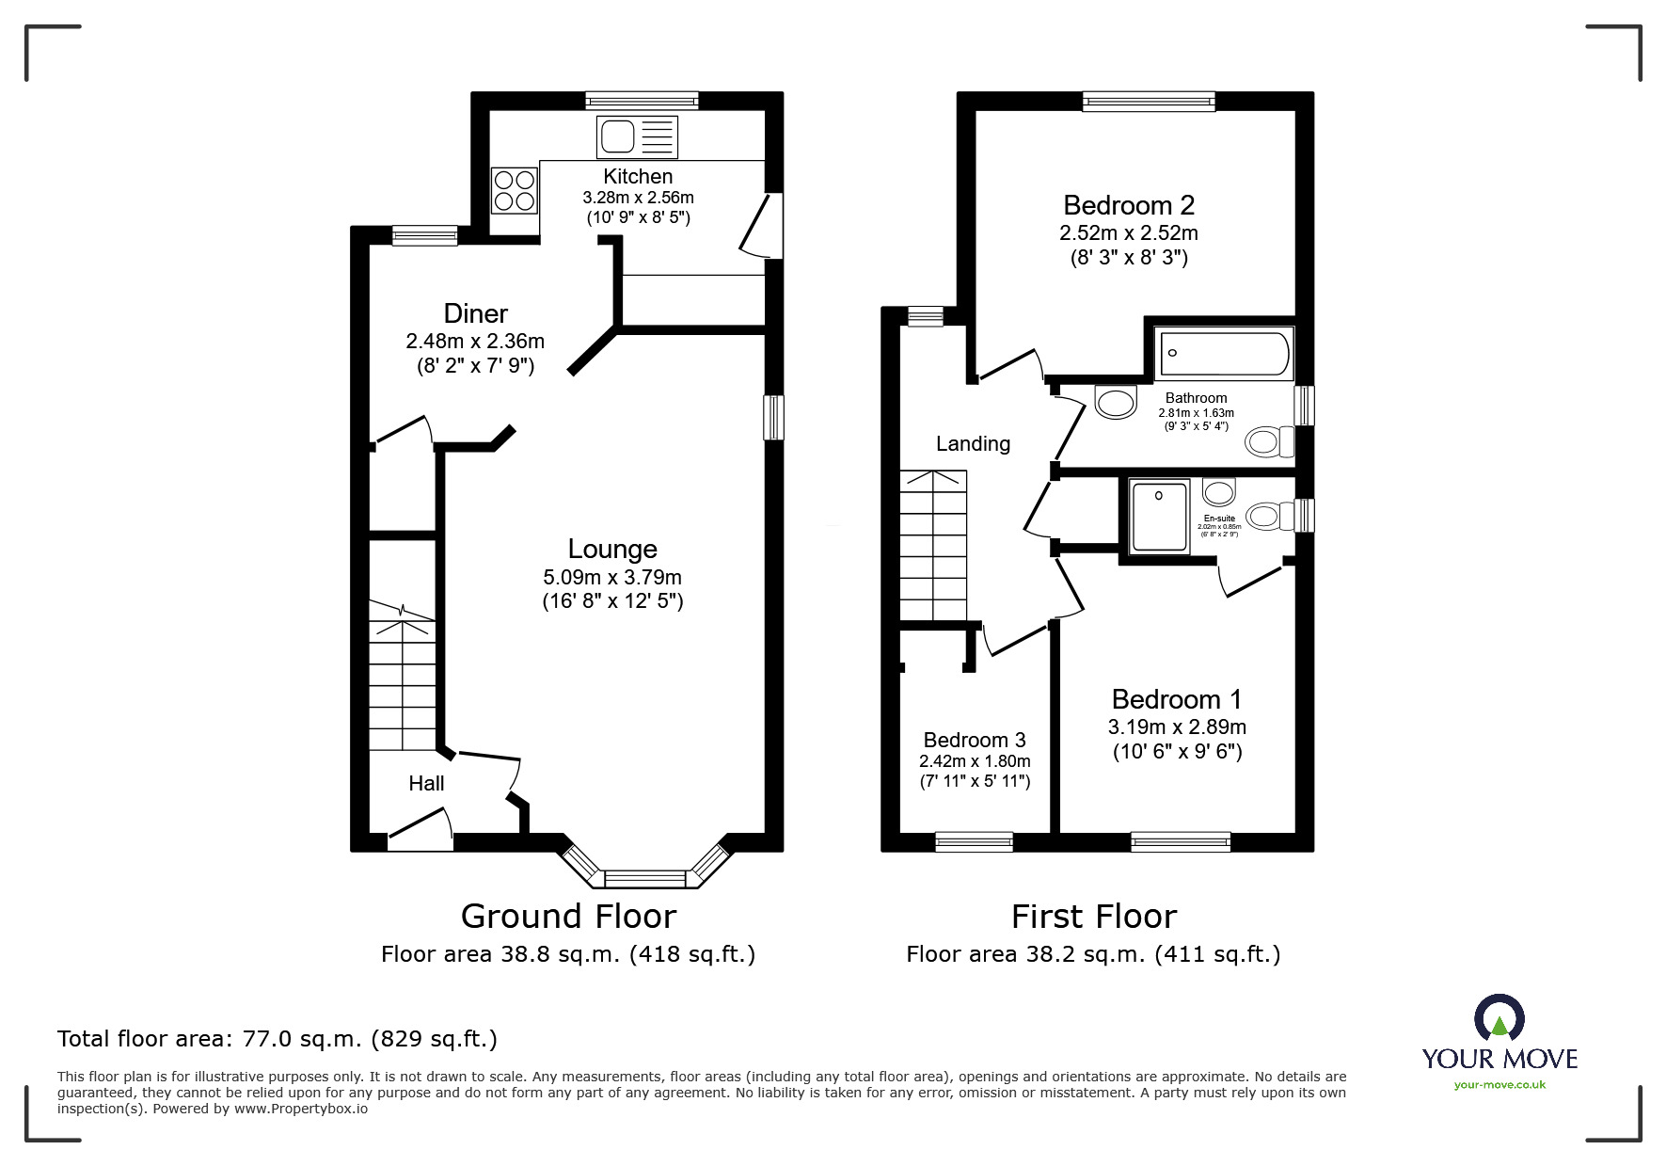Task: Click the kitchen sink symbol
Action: pos(637,137)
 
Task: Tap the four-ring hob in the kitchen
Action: pos(515,189)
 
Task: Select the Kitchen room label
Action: pos(638,176)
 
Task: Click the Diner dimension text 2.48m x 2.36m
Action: pos(475,341)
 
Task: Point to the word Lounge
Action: pos(612,549)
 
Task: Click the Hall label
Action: pos(426,783)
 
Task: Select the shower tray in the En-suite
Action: pos(1160,516)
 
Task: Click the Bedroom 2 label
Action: pos(1129,205)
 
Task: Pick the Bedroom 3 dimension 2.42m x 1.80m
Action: pos(975,761)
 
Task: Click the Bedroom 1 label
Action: pos(1176,699)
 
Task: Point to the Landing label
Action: pos(973,443)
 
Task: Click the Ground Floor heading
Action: pos(568,916)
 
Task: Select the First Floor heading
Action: pos(1093,916)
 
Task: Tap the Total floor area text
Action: pos(278,1039)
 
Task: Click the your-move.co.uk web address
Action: pos(1499,1085)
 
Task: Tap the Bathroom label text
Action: pos(1196,398)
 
